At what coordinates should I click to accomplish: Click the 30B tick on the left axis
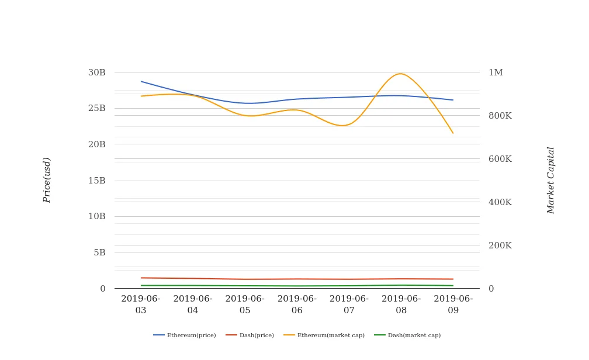[x=97, y=72]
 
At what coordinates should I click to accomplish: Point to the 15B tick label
[x=97, y=181]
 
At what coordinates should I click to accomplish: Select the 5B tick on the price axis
[x=99, y=252]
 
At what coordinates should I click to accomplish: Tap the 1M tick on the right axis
[x=496, y=72]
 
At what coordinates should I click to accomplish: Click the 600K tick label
[x=500, y=159]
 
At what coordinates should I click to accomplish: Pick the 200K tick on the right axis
[x=500, y=245]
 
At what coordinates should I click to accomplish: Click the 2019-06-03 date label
[x=141, y=304]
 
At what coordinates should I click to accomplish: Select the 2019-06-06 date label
[x=297, y=304]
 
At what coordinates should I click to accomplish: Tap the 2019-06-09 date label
[x=453, y=304]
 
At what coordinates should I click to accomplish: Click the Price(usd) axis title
[x=47, y=180]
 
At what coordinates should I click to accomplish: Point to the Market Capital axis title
[x=551, y=180]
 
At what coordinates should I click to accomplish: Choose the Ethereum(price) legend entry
[x=185, y=335]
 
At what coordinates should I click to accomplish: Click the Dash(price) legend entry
[x=250, y=335]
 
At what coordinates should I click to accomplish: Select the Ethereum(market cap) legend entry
[x=324, y=335]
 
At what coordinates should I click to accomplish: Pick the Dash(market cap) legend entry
[x=407, y=335]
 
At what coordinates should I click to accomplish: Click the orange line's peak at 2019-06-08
[x=400, y=74]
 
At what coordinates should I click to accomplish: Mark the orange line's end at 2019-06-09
[x=453, y=133]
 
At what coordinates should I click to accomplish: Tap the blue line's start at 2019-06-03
[x=141, y=81]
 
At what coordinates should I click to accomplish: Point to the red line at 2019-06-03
[x=141, y=278]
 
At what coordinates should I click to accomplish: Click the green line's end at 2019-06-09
[x=453, y=286]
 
